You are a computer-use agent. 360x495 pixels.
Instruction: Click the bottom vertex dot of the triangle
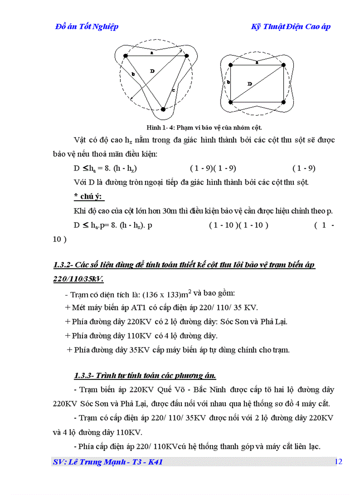coord(163,109)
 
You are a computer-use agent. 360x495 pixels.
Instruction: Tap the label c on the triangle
coord(173,90)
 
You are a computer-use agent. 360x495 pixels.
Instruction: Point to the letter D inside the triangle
coord(152,71)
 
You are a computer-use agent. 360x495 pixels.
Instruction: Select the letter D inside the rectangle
coord(250,83)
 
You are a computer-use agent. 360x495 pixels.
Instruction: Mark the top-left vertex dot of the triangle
coord(126,56)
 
